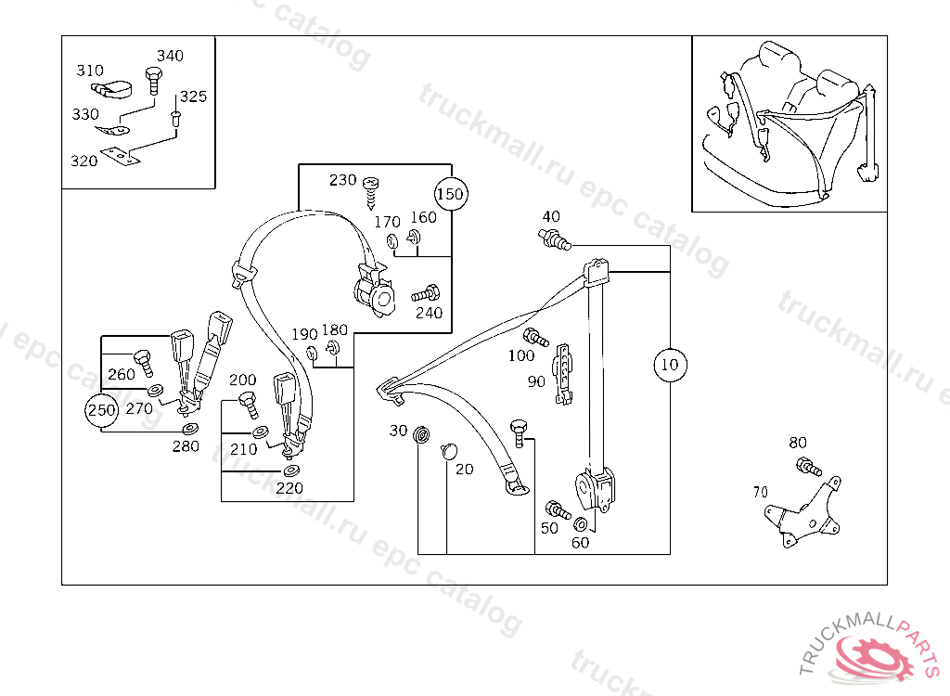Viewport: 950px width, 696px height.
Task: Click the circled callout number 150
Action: pos(452,194)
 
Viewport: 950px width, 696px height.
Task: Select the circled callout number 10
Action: pos(670,365)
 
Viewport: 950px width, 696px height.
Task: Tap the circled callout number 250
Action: pos(101,410)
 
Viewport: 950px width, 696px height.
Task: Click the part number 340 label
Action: pos(171,56)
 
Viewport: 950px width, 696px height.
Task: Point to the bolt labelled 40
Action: pos(554,238)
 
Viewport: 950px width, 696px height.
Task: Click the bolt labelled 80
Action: pos(809,467)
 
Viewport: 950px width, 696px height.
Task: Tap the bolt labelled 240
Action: pos(426,294)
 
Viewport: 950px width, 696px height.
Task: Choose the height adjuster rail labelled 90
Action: pos(563,374)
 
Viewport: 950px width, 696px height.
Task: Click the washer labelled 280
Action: pos(190,430)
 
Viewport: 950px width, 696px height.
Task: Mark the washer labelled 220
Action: pos(290,471)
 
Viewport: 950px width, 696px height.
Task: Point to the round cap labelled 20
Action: pos(449,450)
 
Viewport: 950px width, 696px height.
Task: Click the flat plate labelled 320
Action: pos(120,156)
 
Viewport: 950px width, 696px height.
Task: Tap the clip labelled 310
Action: pos(112,89)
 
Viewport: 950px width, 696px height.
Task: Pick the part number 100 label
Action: pos(521,355)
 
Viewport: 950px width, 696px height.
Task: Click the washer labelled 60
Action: pos(580,523)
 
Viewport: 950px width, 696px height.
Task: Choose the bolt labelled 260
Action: pos(144,363)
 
